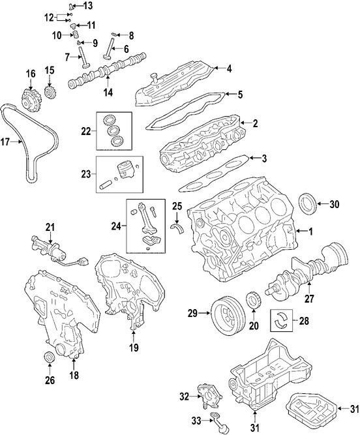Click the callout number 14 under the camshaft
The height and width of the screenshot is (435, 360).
click(108, 93)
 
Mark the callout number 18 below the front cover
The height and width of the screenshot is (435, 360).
click(73, 377)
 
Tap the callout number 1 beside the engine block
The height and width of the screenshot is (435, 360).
click(310, 231)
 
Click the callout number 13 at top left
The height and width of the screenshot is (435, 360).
click(87, 6)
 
